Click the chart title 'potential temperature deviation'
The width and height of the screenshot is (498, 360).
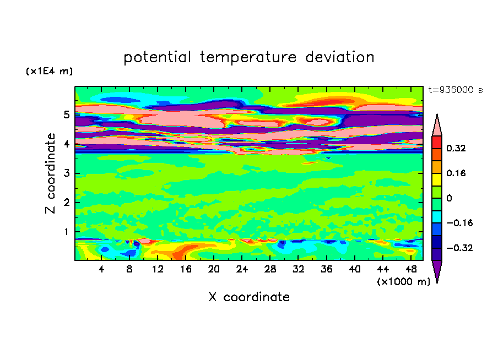coord(248,57)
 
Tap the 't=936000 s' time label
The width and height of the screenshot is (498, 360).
coord(455,90)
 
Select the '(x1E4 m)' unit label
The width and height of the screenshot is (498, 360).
coord(49,72)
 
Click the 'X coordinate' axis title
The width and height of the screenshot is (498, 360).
coord(249,297)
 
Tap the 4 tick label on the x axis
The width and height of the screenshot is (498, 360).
coord(102,269)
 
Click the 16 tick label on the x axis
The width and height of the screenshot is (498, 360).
coord(186,269)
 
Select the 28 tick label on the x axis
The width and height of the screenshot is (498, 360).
coord(270,269)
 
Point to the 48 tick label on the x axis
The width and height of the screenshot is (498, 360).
coord(410,269)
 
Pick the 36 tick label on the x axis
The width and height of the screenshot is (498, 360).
coord(326,269)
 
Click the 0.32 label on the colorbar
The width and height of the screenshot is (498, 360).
coord(457,148)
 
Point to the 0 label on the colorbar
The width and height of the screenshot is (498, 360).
coord(449,198)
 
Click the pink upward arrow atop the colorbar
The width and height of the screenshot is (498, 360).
coord(437,125)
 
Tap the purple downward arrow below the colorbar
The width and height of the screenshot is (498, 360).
coord(437,271)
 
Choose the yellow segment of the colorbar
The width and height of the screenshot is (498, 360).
coord(437,179)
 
